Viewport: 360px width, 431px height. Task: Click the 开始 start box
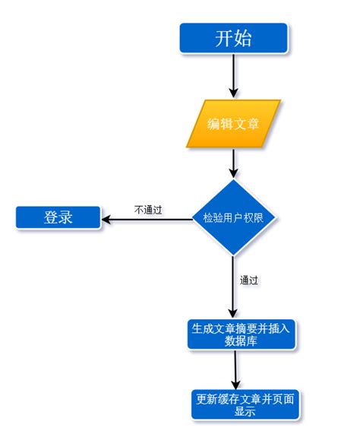click(x=233, y=37)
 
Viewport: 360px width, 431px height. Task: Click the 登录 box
click(x=58, y=217)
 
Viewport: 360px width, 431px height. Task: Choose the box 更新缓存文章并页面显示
click(x=245, y=404)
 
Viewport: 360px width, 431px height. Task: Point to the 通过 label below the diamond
click(x=249, y=280)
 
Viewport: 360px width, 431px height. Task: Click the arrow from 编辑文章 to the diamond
click(x=233, y=163)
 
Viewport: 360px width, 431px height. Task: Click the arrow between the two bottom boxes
click(x=237, y=370)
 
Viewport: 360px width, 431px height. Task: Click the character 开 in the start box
click(x=222, y=37)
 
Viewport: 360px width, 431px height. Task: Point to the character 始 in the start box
click(x=245, y=37)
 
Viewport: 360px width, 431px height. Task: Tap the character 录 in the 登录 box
click(x=66, y=217)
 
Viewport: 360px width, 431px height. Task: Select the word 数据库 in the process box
click(x=239, y=341)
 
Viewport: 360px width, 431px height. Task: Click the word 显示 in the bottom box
click(x=245, y=411)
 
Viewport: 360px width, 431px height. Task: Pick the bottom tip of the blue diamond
click(x=233, y=256)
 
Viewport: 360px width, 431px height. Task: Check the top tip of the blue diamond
click(x=233, y=180)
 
